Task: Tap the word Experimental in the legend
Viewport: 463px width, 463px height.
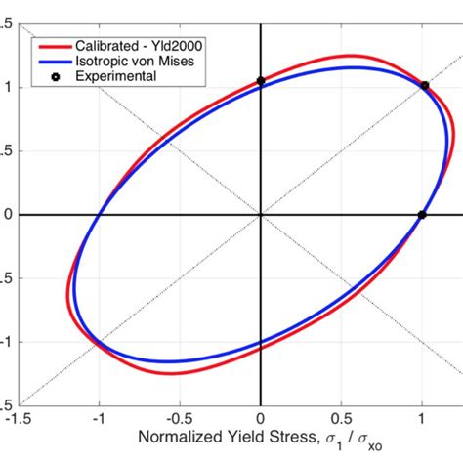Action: [x=122, y=75]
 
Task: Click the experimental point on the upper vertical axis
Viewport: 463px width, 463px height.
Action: [x=260, y=82]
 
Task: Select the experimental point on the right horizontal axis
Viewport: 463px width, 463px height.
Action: [x=422, y=215]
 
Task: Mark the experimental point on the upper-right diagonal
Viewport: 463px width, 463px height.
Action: [x=425, y=86]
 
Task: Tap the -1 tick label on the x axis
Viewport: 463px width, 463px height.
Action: [x=97, y=417]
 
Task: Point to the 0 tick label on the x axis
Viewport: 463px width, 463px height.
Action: [x=261, y=417]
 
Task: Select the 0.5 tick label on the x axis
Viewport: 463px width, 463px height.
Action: [x=341, y=417]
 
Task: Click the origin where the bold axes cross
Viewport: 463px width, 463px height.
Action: [x=260, y=215]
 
